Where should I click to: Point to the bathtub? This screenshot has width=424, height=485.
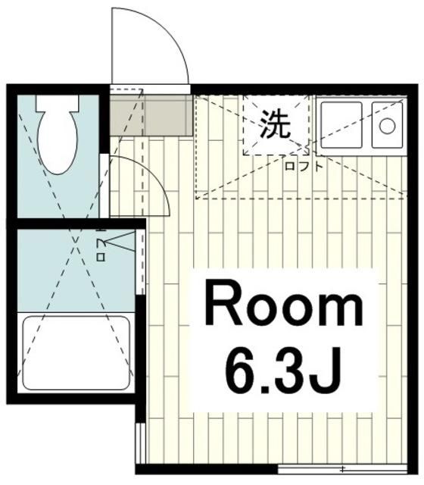point(76,352)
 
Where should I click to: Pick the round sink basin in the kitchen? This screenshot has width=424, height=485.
point(388,126)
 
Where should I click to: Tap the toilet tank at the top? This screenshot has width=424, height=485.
point(58,101)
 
